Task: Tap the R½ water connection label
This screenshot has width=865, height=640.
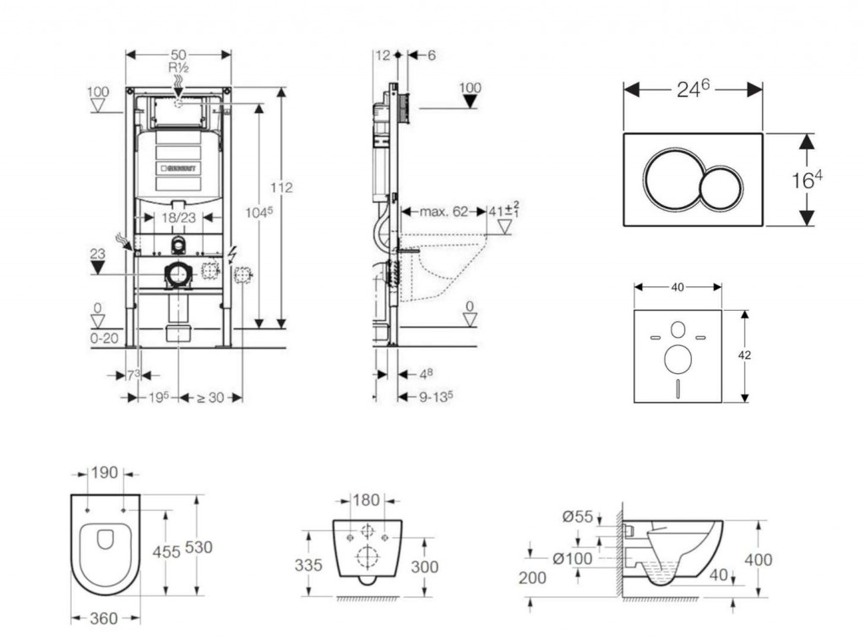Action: coord(177,66)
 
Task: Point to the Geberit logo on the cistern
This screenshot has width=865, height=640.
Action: coord(178,167)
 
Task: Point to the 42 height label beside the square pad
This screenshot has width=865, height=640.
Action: coord(745,355)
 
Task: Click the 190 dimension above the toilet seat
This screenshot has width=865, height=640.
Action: coord(105,474)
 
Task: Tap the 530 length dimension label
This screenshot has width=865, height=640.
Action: coord(199,547)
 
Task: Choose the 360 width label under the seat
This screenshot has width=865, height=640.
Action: coord(104,619)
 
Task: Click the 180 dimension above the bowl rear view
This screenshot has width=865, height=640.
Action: coord(366,500)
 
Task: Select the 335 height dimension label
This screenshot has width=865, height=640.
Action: coord(308,565)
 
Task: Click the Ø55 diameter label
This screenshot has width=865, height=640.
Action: coord(579,517)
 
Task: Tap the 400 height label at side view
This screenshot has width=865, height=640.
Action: coord(759,559)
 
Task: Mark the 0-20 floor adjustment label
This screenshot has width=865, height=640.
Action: coord(105,338)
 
